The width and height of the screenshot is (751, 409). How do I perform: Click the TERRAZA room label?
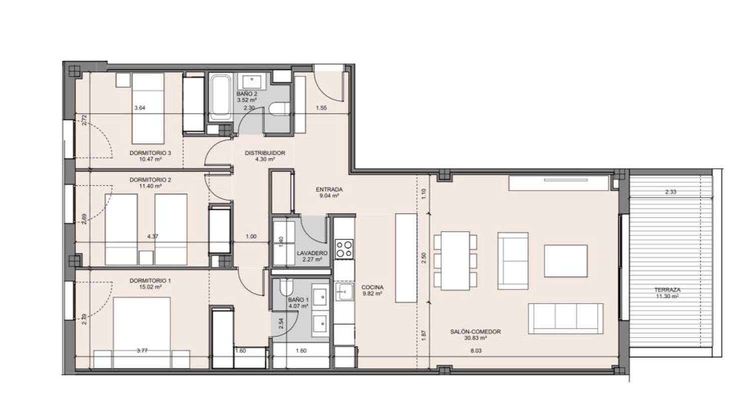pos(667,290)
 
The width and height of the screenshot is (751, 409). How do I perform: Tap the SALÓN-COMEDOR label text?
pos(476,331)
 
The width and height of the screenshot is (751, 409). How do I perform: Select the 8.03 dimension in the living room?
pos(476,350)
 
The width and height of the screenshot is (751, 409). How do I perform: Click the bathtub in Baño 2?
pos(220,97)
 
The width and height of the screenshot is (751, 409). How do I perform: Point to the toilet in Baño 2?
pos(279,109)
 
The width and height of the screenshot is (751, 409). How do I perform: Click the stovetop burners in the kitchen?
pos(344,249)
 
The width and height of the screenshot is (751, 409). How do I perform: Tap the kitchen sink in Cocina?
pos(344,292)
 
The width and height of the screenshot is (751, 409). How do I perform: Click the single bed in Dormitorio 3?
pos(148,108)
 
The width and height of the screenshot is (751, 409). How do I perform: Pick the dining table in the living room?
pos(455,260)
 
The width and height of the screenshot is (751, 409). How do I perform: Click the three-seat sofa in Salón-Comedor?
pos(566,318)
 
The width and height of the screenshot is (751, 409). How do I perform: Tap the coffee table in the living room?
pos(566,261)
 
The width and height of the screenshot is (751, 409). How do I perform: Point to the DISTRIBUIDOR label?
pos(265,153)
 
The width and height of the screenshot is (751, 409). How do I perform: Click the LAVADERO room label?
pos(312,253)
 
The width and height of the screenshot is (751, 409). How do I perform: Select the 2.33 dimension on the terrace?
pos(670,192)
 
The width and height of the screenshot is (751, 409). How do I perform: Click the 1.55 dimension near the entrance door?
pos(321,108)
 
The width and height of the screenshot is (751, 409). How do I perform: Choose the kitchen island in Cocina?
pos(406,258)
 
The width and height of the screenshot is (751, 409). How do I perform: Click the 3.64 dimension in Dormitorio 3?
pos(140,108)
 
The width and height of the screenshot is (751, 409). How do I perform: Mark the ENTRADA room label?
pos(329,190)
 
